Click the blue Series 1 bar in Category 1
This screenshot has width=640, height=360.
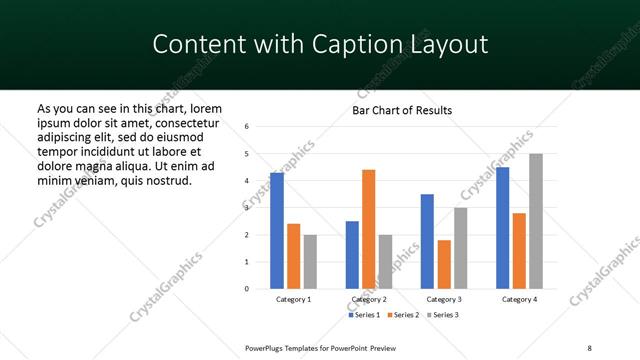point(277,231)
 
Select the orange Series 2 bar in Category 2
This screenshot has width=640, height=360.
point(369,229)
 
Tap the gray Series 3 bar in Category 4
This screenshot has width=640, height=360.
point(536,221)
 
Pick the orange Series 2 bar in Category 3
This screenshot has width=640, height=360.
point(444,264)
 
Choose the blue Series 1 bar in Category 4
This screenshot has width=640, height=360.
point(503,228)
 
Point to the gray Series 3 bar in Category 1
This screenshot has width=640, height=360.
point(310,262)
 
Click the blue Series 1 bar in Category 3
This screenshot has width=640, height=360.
point(428,241)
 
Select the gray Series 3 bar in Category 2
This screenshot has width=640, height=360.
point(386,262)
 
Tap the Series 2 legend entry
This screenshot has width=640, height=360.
point(402,316)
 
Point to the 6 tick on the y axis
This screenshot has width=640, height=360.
point(247,126)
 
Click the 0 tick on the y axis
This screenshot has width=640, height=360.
point(247,289)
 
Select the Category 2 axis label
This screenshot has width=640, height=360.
point(369,300)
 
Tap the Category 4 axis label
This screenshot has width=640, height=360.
point(519,300)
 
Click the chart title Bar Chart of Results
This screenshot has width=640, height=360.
point(402,110)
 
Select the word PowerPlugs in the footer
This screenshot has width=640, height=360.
point(264,346)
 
